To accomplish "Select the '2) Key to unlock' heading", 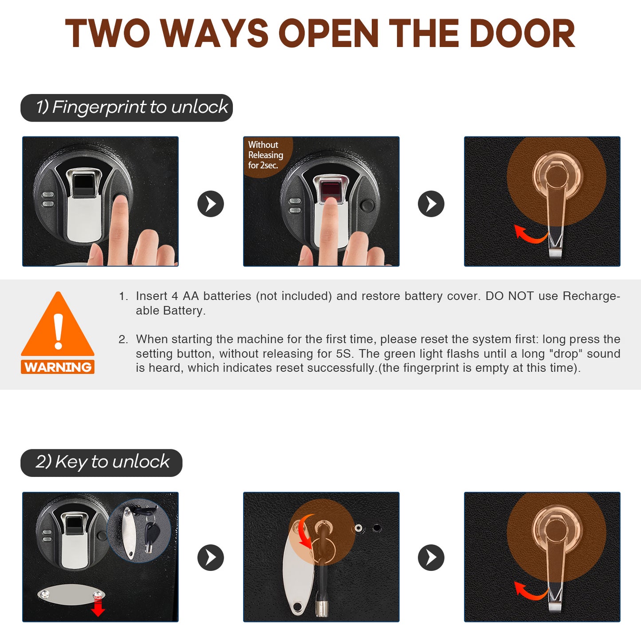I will [x=102, y=462].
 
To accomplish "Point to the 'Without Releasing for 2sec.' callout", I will [x=265, y=155].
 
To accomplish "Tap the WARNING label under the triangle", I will [x=58, y=367].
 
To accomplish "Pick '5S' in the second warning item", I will [x=343, y=354].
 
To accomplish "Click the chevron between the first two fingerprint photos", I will [x=210, y=204].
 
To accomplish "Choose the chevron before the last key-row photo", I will [x=431, y=558].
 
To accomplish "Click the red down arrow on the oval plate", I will [x=98, y=607].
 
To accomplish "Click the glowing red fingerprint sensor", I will [x=330, y=189].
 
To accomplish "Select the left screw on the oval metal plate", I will [x=45, y=594].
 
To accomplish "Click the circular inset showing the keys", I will [x=139, y=531].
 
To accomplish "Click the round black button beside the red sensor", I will [x=367, y=205].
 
